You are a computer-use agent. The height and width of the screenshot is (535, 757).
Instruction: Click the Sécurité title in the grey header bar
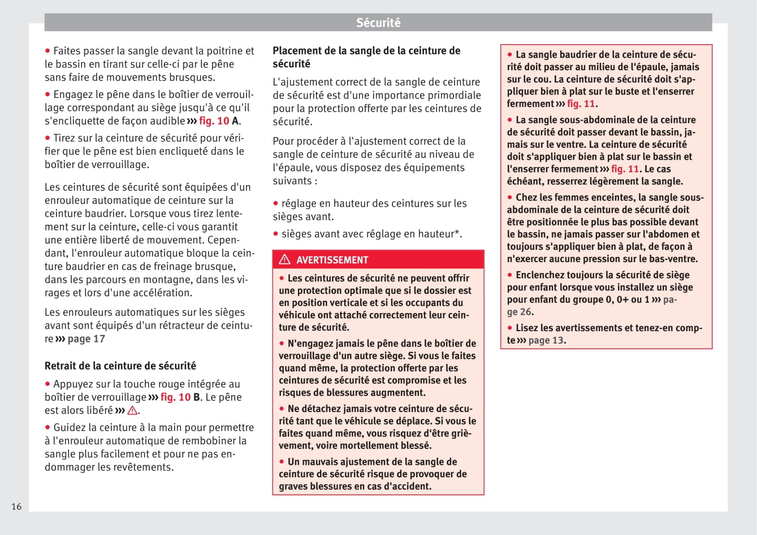(x=378, y=23)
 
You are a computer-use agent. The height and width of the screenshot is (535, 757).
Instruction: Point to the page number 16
(x=16, y=506)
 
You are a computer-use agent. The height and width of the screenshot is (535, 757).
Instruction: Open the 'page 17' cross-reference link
(x=86, y=339)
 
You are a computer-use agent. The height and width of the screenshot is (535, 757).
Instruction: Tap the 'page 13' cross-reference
(x=546, y=340)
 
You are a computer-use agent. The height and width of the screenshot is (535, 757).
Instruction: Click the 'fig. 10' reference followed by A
(x=214, y=121)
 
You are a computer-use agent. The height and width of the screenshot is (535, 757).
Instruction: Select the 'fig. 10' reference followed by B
(x=175, y=397)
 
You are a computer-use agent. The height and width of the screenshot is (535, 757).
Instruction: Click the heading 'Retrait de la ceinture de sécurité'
(x=120, y=366)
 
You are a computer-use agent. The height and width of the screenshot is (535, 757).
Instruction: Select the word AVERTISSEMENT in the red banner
(x=332, y=260)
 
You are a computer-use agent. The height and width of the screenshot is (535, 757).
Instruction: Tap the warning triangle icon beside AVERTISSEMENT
(x=284, y=259)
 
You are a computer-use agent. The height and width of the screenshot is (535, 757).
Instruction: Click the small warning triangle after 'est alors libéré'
(x=133, y=410)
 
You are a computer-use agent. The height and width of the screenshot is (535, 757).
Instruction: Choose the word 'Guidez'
(x=69, y=427)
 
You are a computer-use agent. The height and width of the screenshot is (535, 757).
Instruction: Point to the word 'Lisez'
(x=526, y=328)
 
